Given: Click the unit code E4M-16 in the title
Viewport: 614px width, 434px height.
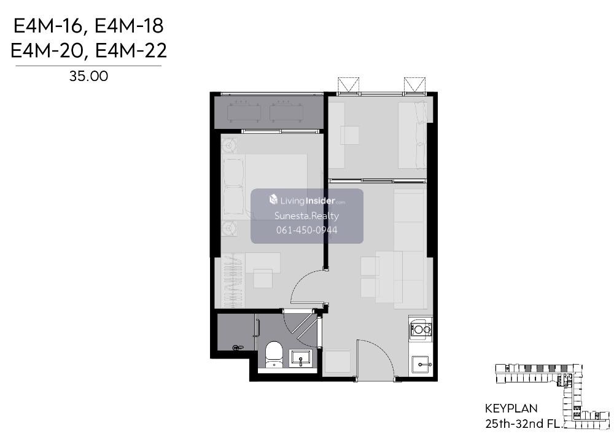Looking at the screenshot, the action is click(x=47, y=26).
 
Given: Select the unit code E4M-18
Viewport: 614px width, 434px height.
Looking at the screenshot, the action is click(x=129, y=26).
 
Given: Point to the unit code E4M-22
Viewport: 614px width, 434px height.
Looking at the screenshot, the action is click(x=131, y=51).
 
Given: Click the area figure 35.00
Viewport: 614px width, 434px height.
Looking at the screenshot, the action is click(x=88, y=76).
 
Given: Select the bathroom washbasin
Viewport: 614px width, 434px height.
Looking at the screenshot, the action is click(x=300, y=358).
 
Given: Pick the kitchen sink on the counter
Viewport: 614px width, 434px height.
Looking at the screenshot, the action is click(x=421, y=365).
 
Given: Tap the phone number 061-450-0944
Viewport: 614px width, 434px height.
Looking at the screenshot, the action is click(x=306, y=230).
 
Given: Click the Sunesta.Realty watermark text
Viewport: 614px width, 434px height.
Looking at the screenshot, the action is click(x=306, y=215).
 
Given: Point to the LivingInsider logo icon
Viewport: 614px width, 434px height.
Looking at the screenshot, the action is click(x=273, y=200).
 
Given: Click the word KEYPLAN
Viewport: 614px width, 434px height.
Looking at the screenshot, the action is click(x=511, y=409).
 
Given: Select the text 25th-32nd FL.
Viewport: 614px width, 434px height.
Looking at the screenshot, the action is click(x=524, y=424).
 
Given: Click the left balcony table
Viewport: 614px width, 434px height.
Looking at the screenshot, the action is click(x=244, y=112).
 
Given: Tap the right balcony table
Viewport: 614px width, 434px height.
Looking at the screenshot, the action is click(x=286, y=112).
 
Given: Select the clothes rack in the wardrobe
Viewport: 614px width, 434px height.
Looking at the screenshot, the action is click(x=232, y=280).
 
